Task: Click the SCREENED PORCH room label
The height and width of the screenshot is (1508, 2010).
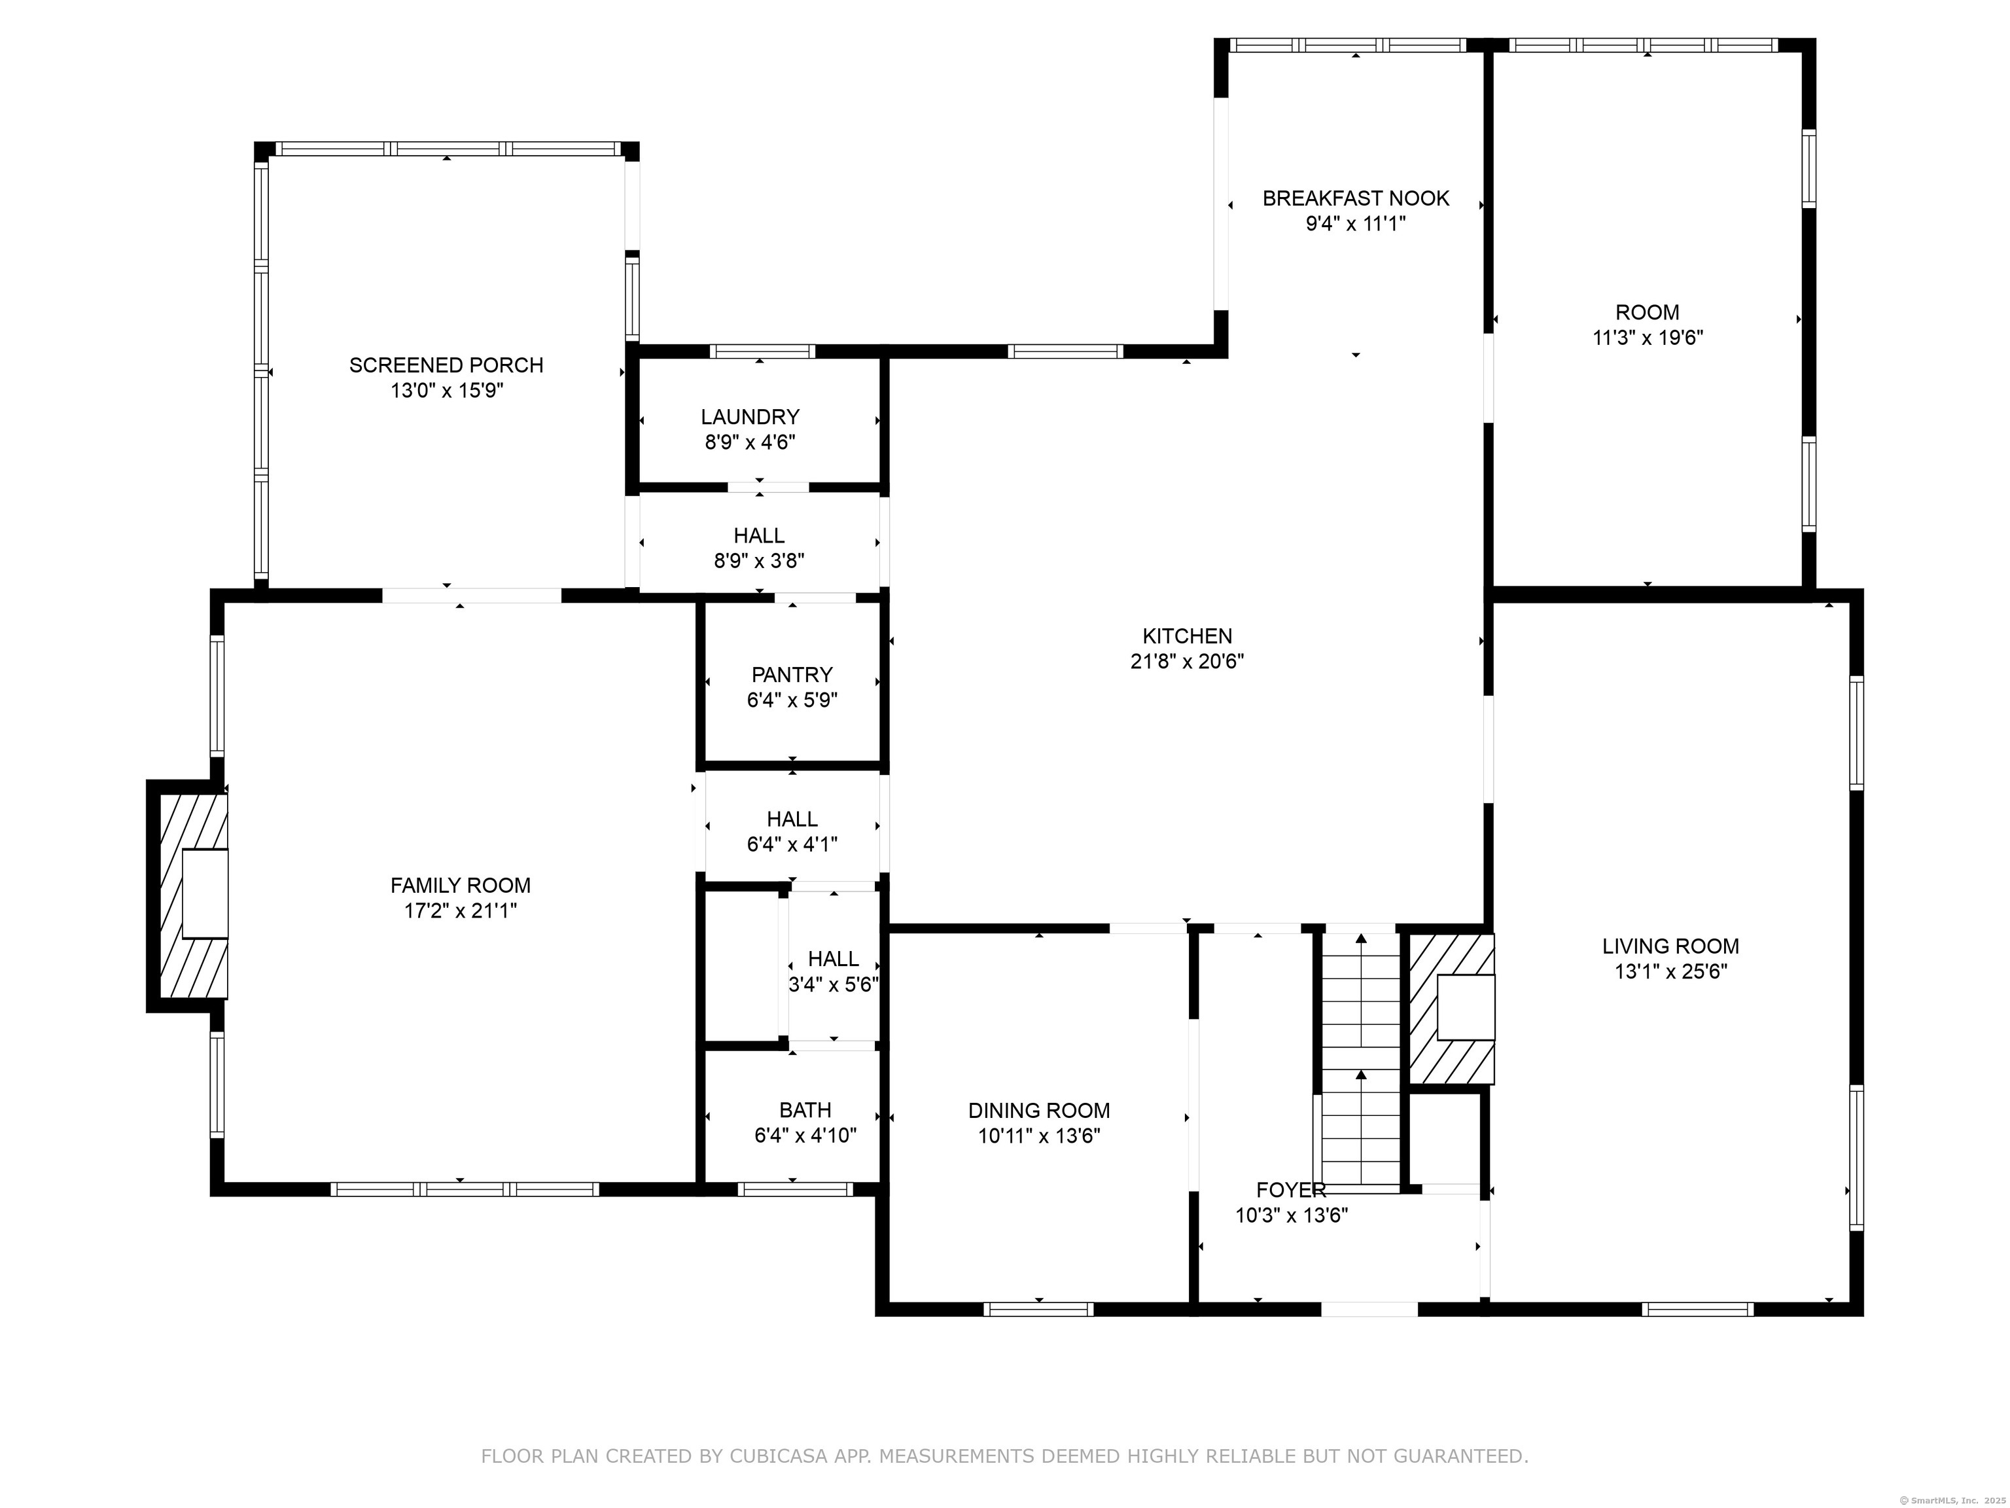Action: coord(446,365)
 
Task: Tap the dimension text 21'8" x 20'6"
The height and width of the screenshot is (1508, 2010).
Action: coord(1187,662)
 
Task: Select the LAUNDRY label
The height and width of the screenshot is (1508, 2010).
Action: coord(750,417)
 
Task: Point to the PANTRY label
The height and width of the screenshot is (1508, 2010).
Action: coord(792,674)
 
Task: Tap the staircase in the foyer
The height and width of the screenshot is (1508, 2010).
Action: coord(1360,1059)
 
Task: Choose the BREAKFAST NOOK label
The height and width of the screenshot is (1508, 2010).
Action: coord(1356,198)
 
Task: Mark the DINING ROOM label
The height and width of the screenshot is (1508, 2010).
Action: coord(1038,1111)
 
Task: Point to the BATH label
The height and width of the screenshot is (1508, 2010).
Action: coord(804,1110)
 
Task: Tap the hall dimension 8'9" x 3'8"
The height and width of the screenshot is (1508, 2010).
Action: coord(759,561)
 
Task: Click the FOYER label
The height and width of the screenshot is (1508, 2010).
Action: coord(1290,1190)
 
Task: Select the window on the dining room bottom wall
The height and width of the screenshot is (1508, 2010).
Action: coord(1038,1309)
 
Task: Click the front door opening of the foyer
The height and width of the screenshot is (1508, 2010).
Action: coord(1369,1309)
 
